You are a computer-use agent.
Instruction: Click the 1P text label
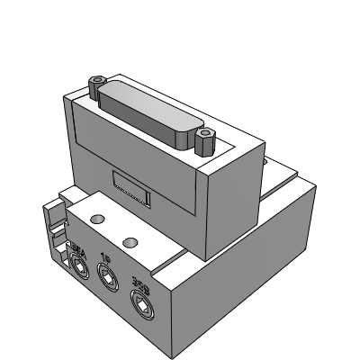[104, 256]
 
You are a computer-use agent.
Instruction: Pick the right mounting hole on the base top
[131, 241]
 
